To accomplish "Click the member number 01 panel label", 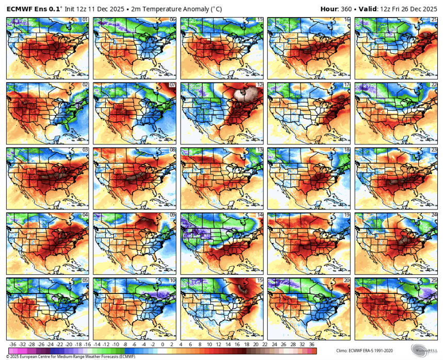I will [x=85, y=20].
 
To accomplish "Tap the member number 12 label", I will [x=259, y=85].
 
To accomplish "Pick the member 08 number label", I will [x=172, y=150].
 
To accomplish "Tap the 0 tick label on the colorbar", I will [x=163, y=344].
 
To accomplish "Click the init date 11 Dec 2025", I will [x=110, y=9].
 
